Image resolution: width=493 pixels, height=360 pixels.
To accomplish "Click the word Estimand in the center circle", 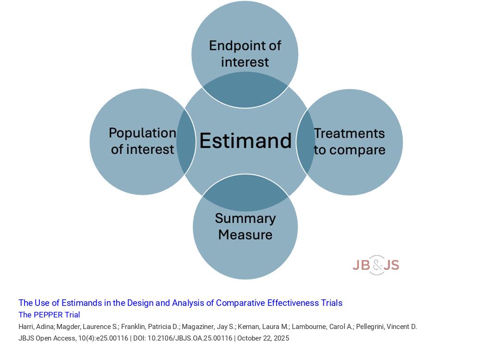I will point(245,141).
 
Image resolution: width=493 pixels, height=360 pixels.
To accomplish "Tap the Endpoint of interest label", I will point(245,54).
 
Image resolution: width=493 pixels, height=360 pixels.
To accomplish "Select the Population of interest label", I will point(142,141).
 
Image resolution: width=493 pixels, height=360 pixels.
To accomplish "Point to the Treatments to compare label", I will point(350,142).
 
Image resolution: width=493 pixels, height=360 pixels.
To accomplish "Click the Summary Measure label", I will point(245,226).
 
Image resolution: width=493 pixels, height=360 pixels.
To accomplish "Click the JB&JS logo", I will point(376,265).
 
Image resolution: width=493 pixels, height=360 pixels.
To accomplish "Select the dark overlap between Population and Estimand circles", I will point(186,142).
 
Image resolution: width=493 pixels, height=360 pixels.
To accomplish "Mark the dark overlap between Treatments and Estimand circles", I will point(305,142).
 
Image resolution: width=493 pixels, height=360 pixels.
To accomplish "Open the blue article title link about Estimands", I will point(180,303).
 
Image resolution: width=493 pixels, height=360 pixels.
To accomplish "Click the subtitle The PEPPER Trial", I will point(49,315).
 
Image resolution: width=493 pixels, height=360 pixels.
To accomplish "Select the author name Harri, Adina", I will point(36,327).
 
